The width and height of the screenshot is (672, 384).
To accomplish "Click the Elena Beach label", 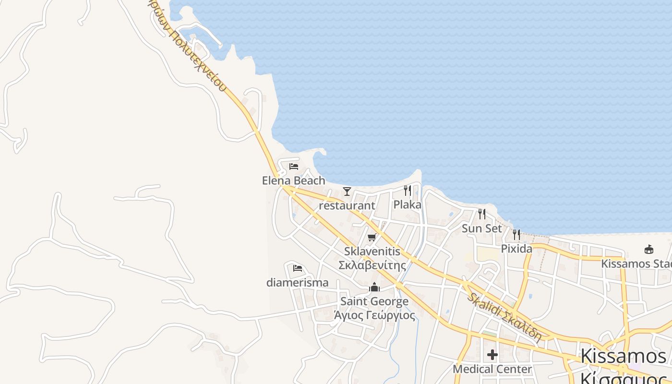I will (x=293, y=180).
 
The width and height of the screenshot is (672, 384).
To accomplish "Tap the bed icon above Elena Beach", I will (x=294, y=167).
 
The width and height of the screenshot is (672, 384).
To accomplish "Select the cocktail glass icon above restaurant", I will (x=347, y=192).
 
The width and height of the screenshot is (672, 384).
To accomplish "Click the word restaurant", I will (x=347, y=205).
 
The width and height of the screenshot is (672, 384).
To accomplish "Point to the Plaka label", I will (x=407, y=204).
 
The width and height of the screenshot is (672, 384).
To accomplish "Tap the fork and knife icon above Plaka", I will (x=408, y=191).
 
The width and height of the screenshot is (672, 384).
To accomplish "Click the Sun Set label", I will (x=481, y=228).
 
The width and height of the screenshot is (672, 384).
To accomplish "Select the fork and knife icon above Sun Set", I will (x=482, y=214).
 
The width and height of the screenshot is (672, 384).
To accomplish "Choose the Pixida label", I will (x=516, y=249).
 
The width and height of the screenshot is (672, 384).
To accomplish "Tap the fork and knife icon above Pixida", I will (x=516, y=234).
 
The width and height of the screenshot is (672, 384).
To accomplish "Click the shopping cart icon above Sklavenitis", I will (x=372, y=237).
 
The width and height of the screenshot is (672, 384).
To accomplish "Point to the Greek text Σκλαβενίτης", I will (x=372, y=265).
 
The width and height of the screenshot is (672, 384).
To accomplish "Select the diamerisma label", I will (x=298, y=282).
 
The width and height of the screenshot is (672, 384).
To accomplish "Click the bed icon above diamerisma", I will (x=298, y=268).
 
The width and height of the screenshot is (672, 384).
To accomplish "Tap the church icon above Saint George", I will (x=374, y=288).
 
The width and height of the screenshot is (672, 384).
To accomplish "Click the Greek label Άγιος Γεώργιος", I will (x=374, y=315).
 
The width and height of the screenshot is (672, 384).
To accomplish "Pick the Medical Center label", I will (x=492, y=369).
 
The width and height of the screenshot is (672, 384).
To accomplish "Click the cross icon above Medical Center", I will (x=492, y=355).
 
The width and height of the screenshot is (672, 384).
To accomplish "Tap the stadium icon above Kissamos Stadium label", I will (x=649, y=249).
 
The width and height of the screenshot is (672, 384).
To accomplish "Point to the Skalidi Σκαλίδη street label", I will (x=504, y=317).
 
